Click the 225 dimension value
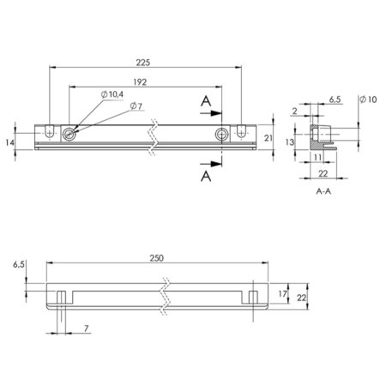pyautogui.click(x=142, y=63)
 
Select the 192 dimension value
pyautogui.click(x=140, y=82)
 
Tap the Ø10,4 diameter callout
pyautogui.click(x=112, y=94)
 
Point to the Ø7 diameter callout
pyautogui.click(x=136, y=106)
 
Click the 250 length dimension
pyautogui.click(x=157, y=258)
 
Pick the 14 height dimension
pyautogui.click(x=9, y=142)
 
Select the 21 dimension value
pyautogui.click(x=268, y=138)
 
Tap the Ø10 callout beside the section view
pyautogui.click(x=368, y=100)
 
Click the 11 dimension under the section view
pyautogui.click(x=318, y=157)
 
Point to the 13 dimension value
pyautogui.click(x=290, y=142)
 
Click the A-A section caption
pyautogui.click(x=323, y=191)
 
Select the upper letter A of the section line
pyautogui.click(x=206, y=101)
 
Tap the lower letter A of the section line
pyautogui.click(x=206, y=176)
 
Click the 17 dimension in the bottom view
pyautogui.click(x=282, y=293)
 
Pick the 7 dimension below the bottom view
pyautogui.click(x=86, y=329)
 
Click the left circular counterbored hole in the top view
pyautogui.click(x=69, y=134)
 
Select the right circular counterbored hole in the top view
pyautogui.click(x=222, y=134)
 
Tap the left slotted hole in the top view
pyautogui.click(x=50, y=132)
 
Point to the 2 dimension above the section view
pyautogui.click(x=295, y=111)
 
